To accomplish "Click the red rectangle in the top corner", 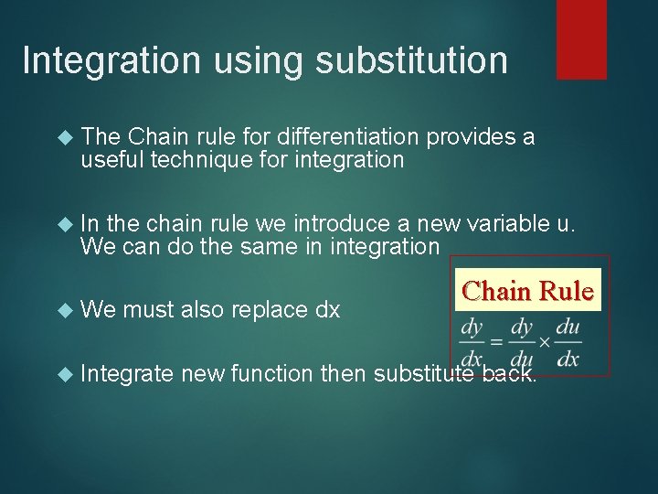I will pos(581,39).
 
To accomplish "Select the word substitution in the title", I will pos(411,61).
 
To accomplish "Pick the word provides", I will pos(469,137).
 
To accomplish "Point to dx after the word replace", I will pos(327,310).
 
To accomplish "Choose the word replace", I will pos(271,310).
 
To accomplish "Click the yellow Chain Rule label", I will pos(528,291).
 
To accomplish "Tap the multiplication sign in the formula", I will pos(544,341).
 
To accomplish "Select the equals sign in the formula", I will pos(494,341).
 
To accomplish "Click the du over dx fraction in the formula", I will pos(567,341).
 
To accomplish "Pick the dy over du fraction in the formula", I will pos(521,341).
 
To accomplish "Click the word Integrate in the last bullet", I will pos(127,373).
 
